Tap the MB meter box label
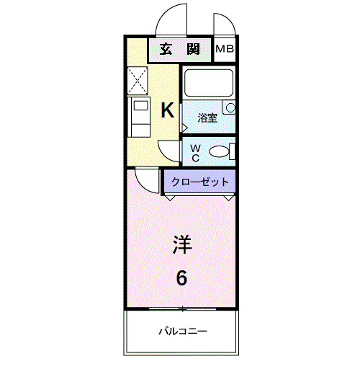click(x=225, y=50)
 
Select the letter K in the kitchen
click(x=167, y=110)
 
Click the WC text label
click(x=195, y=151)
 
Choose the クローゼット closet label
click(x=200, y=182)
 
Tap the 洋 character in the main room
click(x=181, y=245)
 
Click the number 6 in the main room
click(x=181, y=277)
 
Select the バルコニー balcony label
click(x=183, y=332)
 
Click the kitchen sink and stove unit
click(x=138, y=117)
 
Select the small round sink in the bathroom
click(x=230, y=108)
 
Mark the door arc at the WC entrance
click(x=169, y=150)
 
